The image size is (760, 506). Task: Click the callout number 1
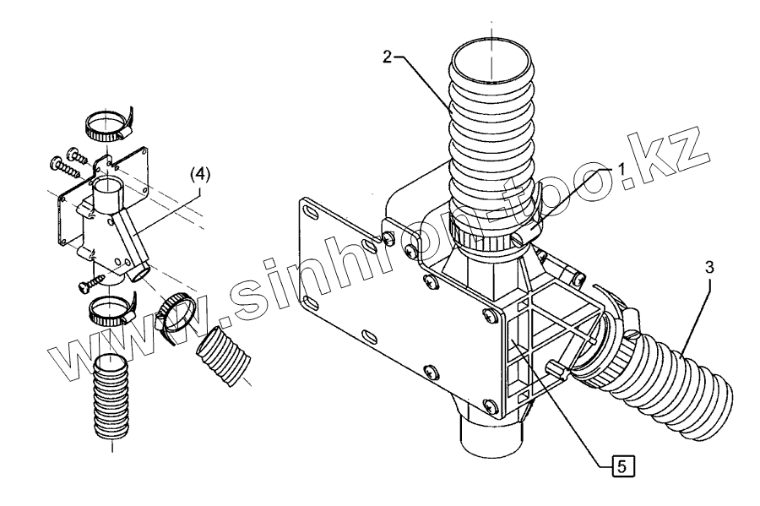[x=623, y=168]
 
